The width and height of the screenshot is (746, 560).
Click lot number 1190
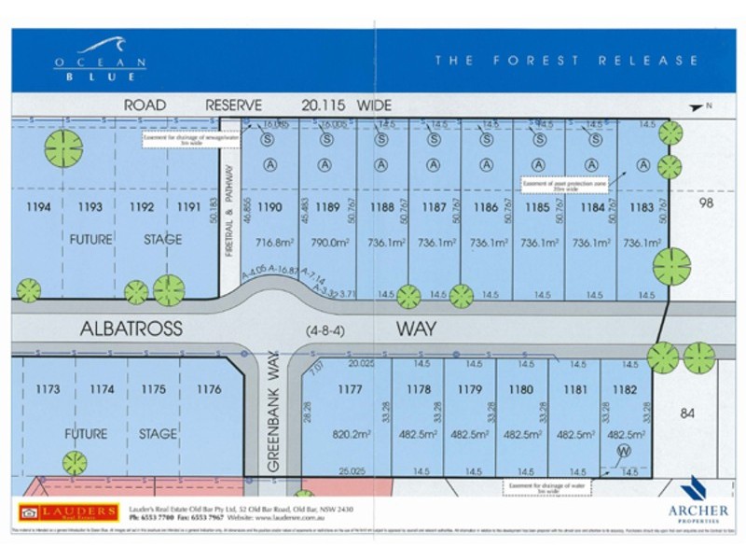click(269, 207)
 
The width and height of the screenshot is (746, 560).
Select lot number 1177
click(351, 389)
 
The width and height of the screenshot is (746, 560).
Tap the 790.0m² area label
click(326, 241)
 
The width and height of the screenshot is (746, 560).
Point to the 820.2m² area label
click(351, 433)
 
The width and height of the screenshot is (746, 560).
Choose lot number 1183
click(642, 207)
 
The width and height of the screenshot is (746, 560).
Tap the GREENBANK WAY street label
click(273, 416)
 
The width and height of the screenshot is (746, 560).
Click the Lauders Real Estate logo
click(68, 511)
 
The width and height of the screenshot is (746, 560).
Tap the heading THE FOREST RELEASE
click(566, 61)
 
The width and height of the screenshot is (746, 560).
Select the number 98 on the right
click(705, 203)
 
